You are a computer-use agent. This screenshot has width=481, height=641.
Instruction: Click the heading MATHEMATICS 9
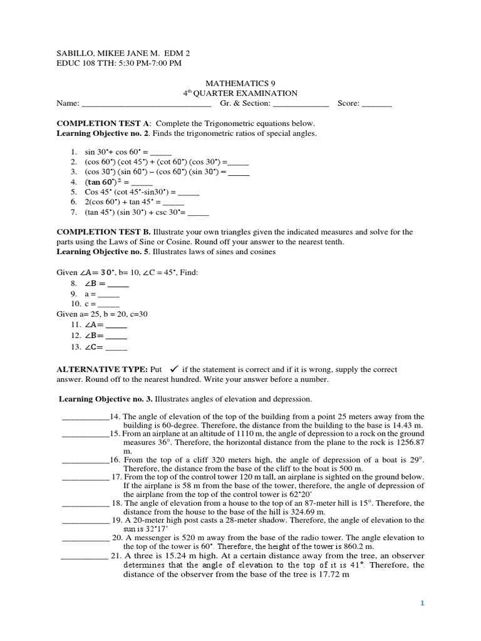(x=240, y=83)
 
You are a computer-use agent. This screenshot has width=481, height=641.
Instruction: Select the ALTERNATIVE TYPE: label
(x=102, y=369)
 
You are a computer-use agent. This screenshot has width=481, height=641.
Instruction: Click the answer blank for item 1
(x=161, y=153)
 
